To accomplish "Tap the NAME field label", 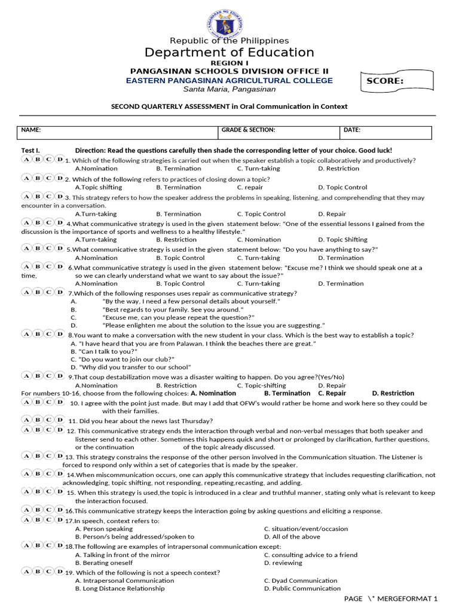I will click(x=31, y=130).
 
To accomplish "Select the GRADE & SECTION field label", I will click(x=248, y=130).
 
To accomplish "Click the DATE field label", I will click(x=352, y=130).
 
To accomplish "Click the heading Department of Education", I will click(x=229, y=53).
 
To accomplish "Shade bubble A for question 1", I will click(x=27, y=160).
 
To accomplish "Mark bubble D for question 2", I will click(x=60, y=178).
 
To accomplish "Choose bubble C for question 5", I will click(x=49, y=248).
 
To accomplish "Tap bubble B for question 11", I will click(x=38, y=420).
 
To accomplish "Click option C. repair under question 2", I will click(x=250, y=187).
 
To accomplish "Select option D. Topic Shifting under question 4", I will click(x=342, y=240).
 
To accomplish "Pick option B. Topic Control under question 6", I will click(x=180, y=284).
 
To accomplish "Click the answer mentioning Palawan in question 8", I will click(x=193, y=344).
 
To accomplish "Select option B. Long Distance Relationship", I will click(x=120, y=589).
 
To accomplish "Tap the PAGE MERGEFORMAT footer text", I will click(x=391, y=599).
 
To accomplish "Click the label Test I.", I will click(x=30, y=151).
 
